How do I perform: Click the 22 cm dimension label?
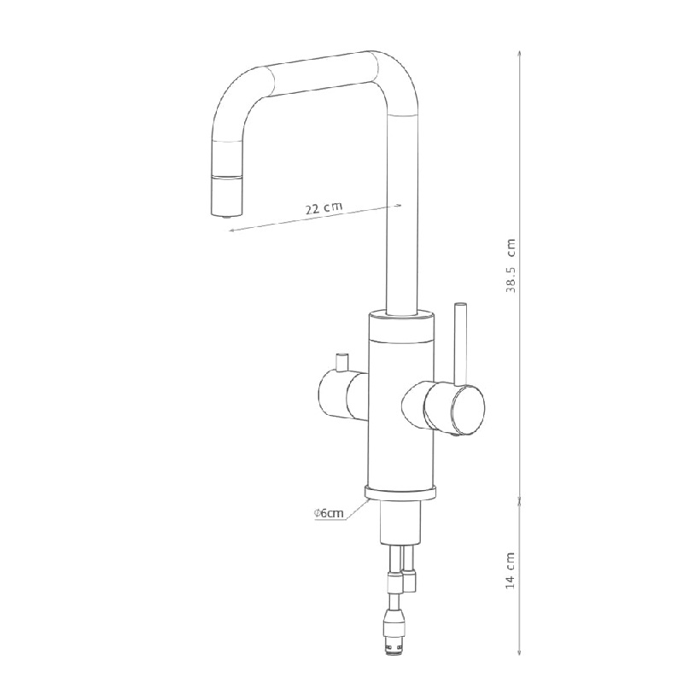click(324, 207)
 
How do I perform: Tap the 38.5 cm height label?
click(511, 266)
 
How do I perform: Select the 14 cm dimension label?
click(511, 570)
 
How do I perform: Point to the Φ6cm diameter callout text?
click(329, 513)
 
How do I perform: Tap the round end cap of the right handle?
click(467, 410)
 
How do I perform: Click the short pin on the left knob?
click(342, 362)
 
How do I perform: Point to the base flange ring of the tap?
click(400, 493)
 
